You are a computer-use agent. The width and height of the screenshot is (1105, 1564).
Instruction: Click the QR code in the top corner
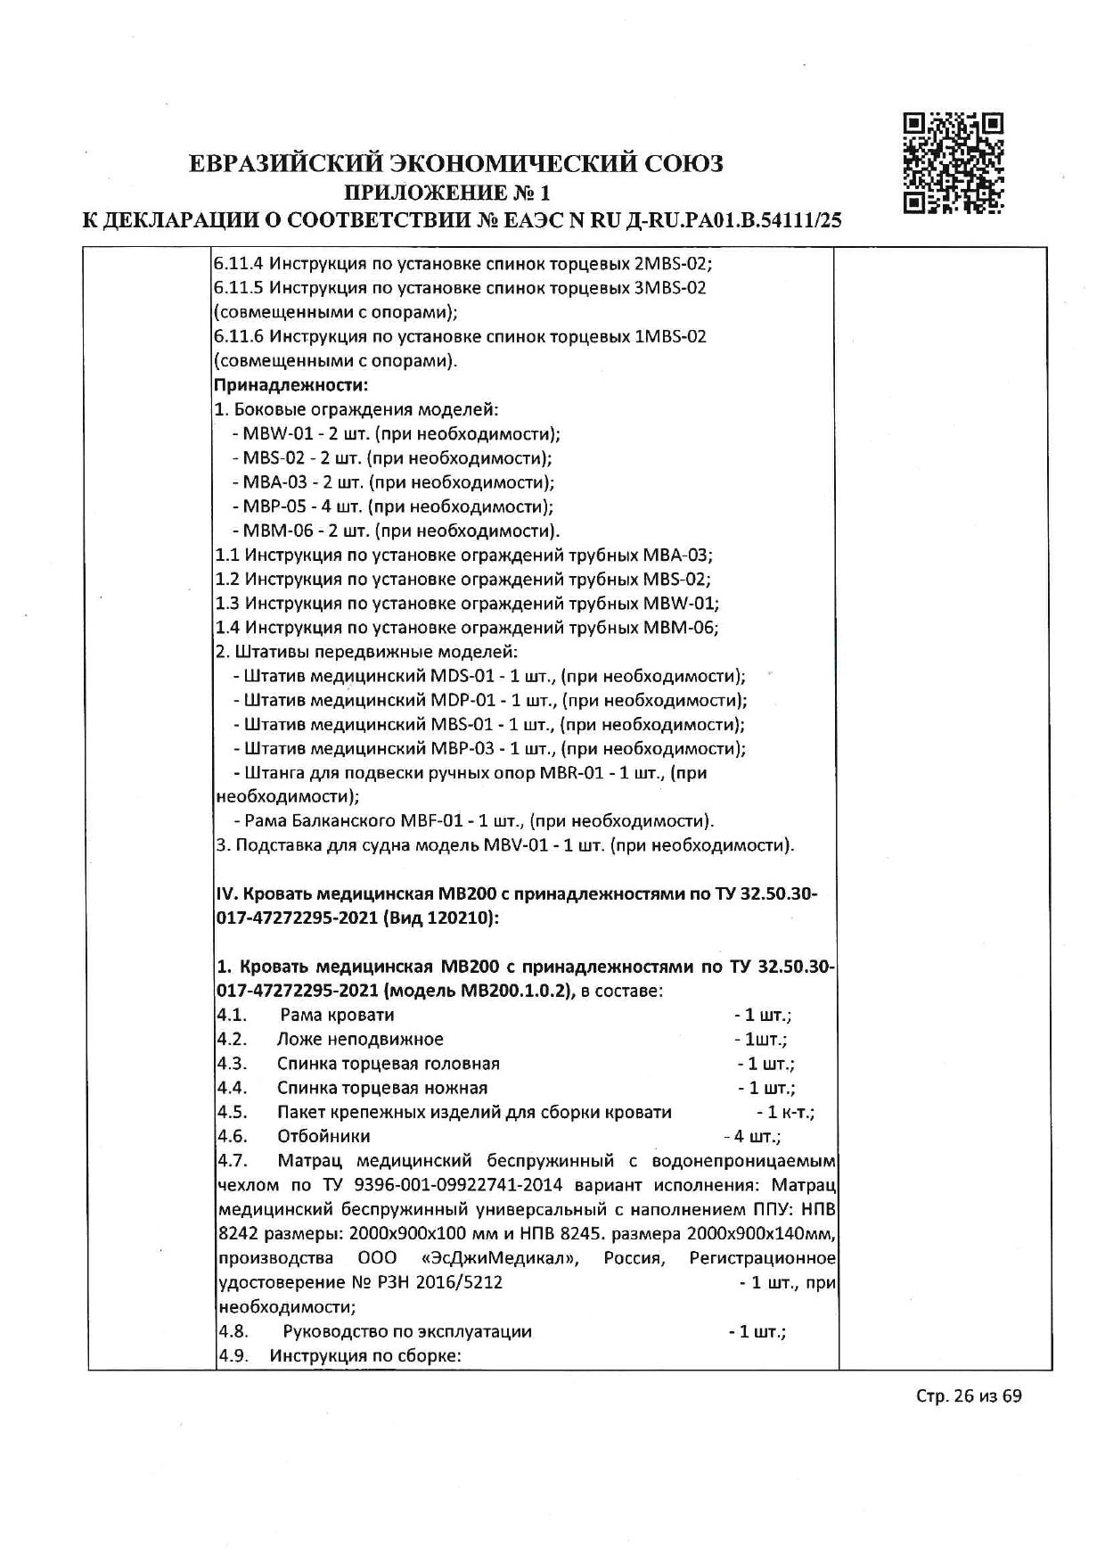pos(953,163)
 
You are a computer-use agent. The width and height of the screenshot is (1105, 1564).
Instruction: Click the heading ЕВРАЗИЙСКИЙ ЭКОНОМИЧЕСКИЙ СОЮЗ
pos(455,164)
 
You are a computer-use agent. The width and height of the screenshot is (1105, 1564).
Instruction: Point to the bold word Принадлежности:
pos(291,385)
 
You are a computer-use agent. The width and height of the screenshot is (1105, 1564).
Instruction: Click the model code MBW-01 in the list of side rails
pos(273,434)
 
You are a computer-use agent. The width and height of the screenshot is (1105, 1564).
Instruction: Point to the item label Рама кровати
pos(337,1015)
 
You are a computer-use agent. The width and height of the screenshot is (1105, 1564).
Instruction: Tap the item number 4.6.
pos(232,1136)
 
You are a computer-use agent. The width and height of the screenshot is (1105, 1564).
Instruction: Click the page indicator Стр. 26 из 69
pos(968,1420)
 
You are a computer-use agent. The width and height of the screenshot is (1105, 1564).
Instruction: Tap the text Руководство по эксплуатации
pos(407,1331)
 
